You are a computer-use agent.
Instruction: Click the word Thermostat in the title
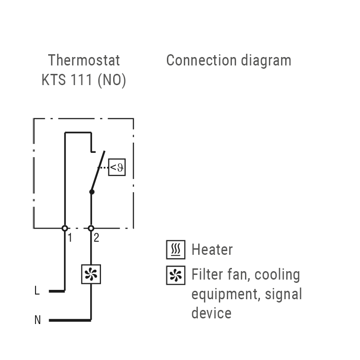pyautogui.click(x=84, y=60)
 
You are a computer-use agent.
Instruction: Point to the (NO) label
pyautogui.click(x=112, y=80)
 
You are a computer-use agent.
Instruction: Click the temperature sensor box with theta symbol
pyautogui.click(x=117, y=167)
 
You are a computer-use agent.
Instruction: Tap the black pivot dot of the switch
pyautogui.click(x=92, y=192)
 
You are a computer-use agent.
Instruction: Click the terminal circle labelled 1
pyautogui.click(x=65, y=228)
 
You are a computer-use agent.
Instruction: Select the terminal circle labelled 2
pyautogui.click(x=91, y=228)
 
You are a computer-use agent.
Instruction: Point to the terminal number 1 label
pyautogui.click(x=70, y=238)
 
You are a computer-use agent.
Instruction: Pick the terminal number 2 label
pyautogui.click(x=96, y=238)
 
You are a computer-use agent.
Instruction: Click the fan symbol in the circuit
pyautogui.click(x=91, y=274)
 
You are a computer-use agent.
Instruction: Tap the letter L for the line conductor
pyautogui.click(x=37, y=291)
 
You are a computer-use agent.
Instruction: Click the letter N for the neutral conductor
pyautogui.click(x=37, y=320)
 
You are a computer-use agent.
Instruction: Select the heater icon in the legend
pyautogui.click(x=176, y=250)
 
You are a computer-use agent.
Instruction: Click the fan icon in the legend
pyautogui.click(x=176, y=275)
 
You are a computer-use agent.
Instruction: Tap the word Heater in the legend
pyautogui.click(x=212, y=250)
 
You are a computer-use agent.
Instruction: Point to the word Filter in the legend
pyautogui.click(x=205, y=274)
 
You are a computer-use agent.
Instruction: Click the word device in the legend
pyautogui.click(x=211, y=313)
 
